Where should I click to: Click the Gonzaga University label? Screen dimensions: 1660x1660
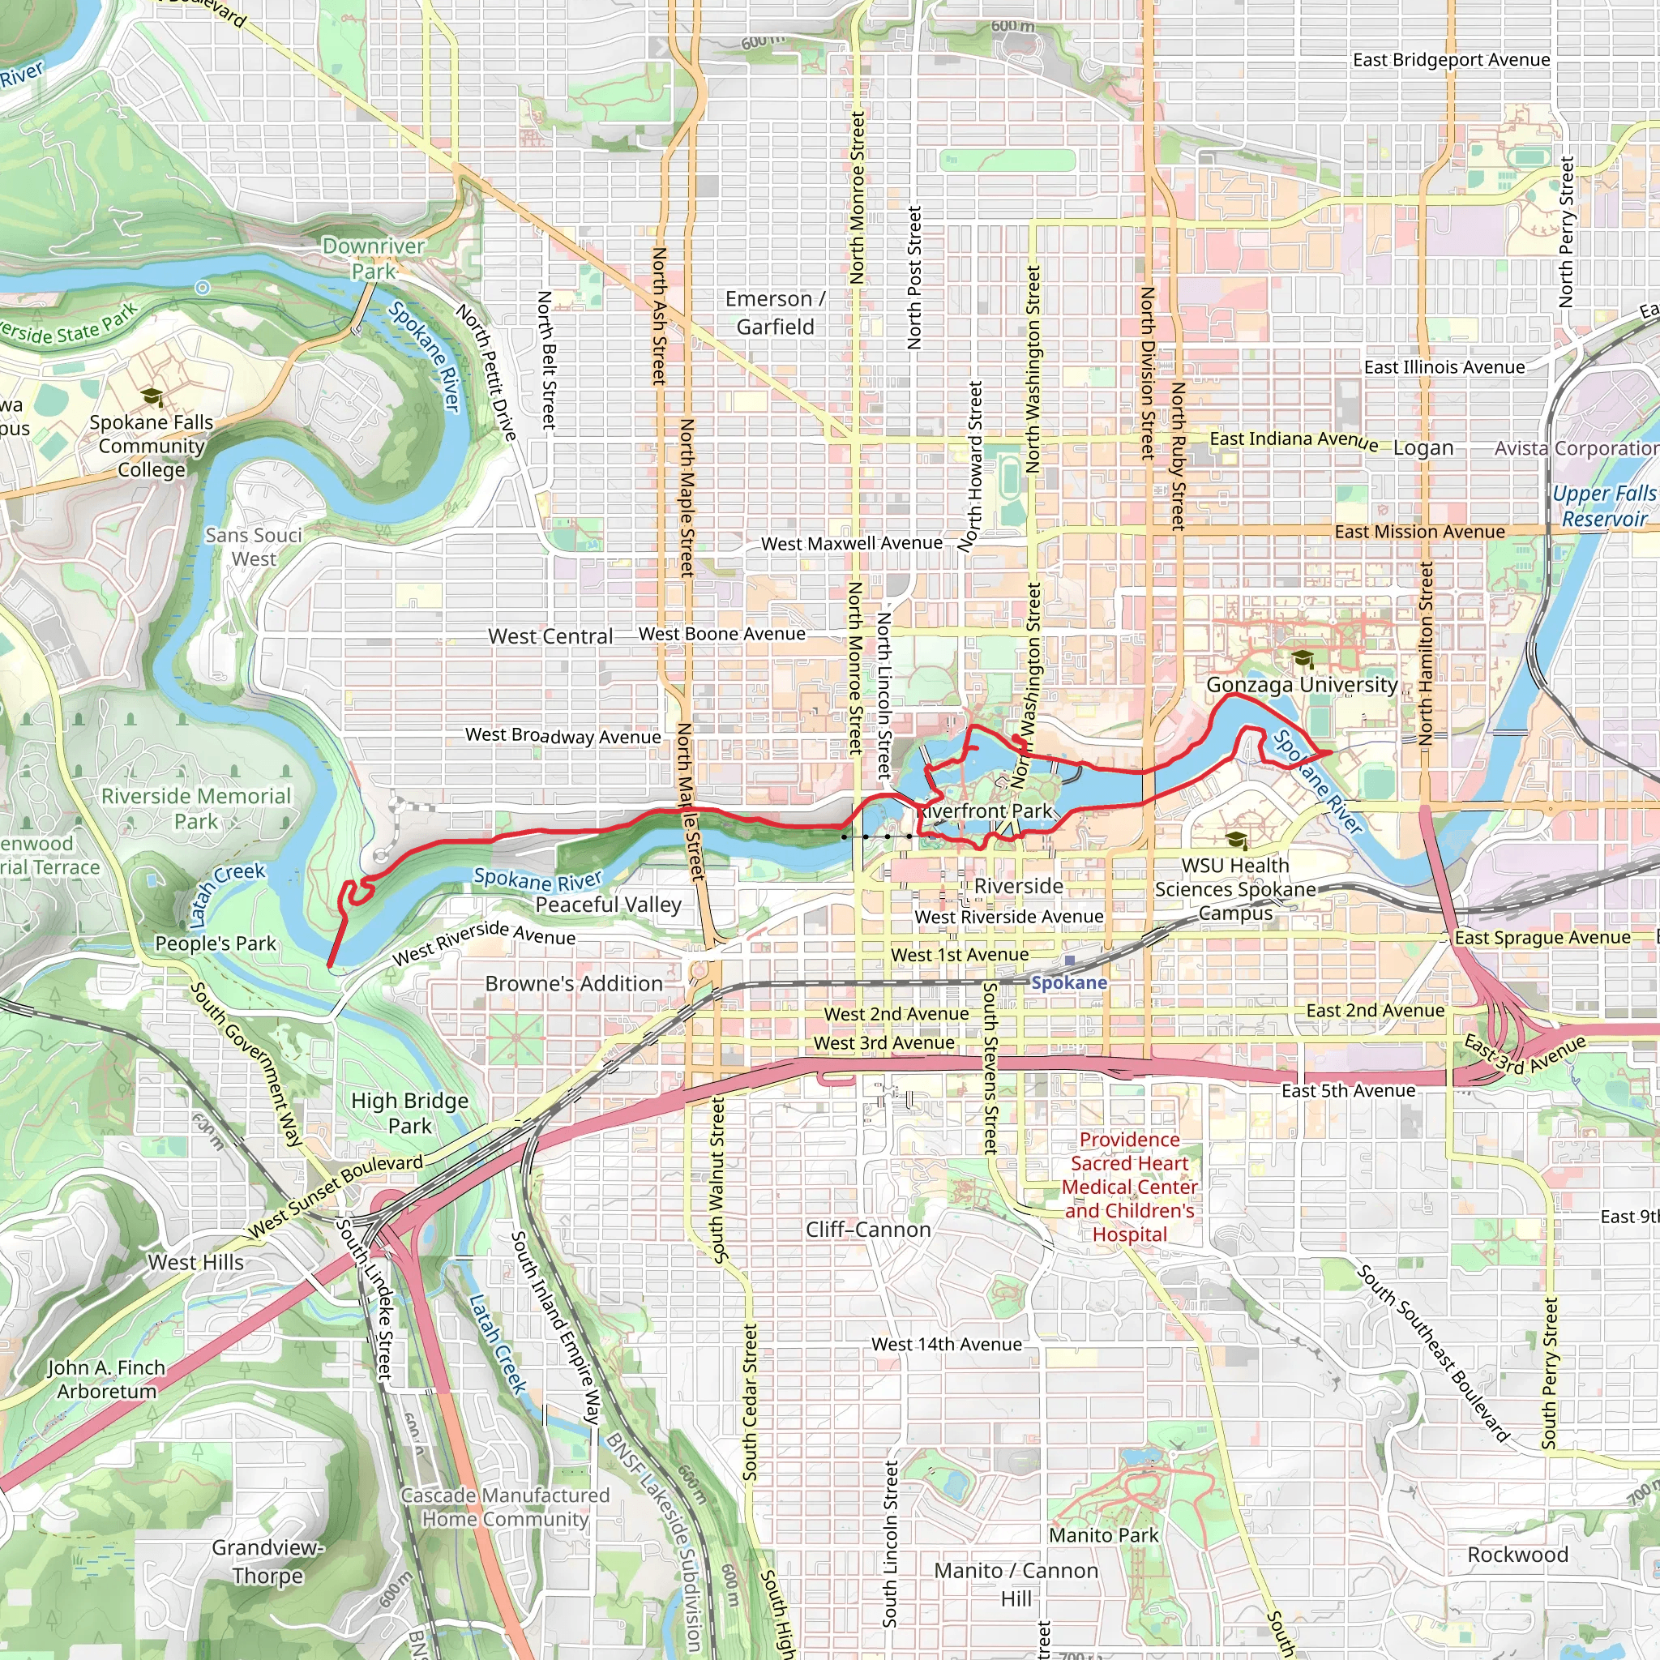(1301, 685)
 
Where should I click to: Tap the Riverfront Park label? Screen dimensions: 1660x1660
(985, 811)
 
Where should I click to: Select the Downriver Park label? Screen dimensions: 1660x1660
(374, 259)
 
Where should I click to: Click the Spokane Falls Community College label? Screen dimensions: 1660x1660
(152, 445)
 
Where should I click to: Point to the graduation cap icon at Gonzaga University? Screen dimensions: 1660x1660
(1303, 659)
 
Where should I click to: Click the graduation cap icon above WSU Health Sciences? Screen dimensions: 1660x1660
(1235, 840)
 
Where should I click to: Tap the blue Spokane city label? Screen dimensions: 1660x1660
(1069, 982)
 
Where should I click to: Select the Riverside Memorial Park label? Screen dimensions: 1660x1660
(197, 807)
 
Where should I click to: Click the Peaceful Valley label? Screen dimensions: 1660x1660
(609, 905)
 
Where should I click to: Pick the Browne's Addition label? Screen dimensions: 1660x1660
(574, 983)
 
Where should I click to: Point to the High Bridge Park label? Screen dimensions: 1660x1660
(410, 1113)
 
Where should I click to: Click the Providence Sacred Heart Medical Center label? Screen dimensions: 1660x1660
(1129, 1186)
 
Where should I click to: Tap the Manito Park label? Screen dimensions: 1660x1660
(1103, 1534)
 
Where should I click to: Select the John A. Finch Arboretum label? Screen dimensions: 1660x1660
(105, 1379)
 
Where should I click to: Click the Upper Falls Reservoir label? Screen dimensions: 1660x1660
(1603, 506)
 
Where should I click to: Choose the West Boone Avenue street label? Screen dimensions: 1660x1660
(721, 634)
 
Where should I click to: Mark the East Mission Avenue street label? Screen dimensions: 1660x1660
(1419, 532)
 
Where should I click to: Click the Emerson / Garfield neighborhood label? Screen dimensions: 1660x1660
(775, 312)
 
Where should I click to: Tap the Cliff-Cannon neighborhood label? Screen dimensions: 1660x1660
(868, 1230)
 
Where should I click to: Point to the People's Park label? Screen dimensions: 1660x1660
(216, 943)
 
